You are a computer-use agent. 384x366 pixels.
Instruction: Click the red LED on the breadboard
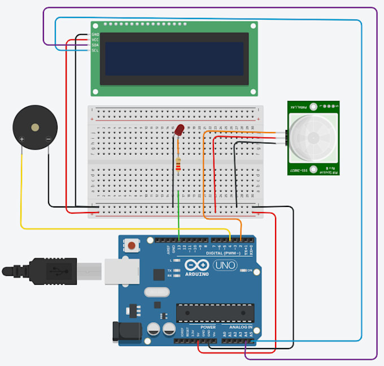coord(179,130)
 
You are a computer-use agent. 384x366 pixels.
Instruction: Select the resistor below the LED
coord(179,164)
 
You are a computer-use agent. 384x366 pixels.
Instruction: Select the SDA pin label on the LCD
coord(95,45)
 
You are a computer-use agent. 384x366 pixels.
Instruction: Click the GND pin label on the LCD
coord(95,34)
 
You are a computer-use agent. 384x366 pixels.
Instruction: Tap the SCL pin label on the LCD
coord(95,51)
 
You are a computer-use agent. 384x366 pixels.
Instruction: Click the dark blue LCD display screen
coord(174,58)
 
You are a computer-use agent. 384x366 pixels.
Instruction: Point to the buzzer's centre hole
coord(36,128)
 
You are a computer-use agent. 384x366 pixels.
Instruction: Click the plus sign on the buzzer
coord(22,139)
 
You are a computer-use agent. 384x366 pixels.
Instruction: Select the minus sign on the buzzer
coord(49,139)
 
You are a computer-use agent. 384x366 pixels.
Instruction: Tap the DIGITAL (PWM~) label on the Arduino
coord(226,253)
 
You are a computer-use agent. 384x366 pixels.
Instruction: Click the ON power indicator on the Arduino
coord(249,271)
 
